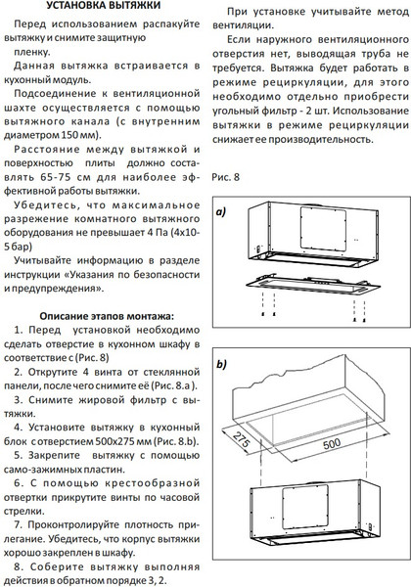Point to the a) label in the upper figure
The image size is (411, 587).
click(222, 210)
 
